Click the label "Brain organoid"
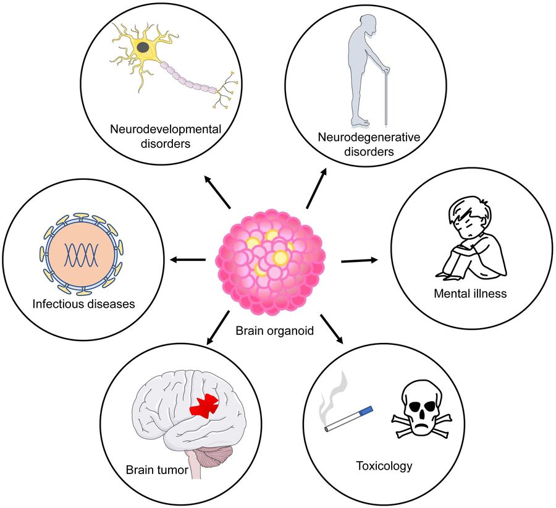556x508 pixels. pyautogui.click(x=275, y=331)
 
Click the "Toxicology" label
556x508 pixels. pyautogui.click(x=384, y=465)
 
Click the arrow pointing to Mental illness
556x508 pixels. pyautogui.click(x=358, y=261)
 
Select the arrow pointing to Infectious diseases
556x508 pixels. pyautogui.click(x=188, y=260)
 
